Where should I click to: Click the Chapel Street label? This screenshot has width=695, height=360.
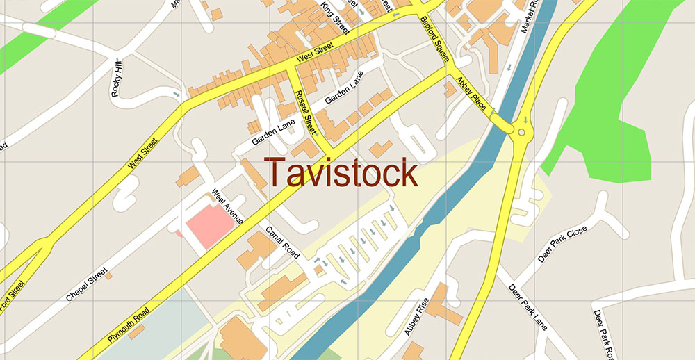pos(86,284)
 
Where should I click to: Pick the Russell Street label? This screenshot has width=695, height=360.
pos(305,112)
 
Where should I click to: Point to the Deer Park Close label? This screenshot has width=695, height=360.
pos(562,243)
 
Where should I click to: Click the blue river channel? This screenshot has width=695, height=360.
pos(445,202)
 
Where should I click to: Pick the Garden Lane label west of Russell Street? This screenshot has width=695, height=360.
pos(274,131)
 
